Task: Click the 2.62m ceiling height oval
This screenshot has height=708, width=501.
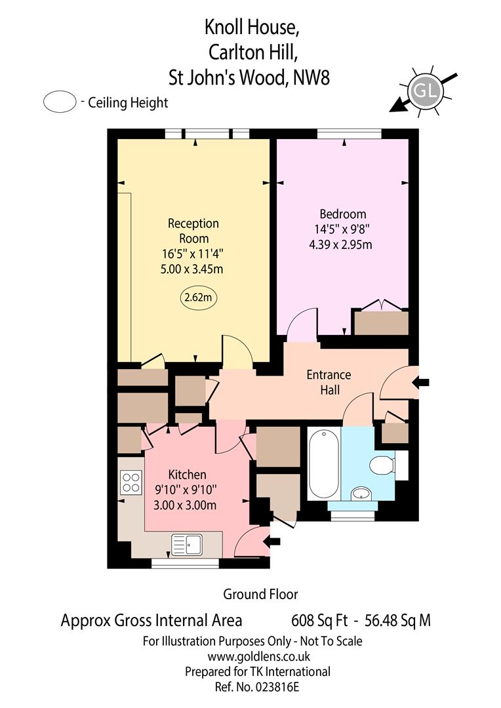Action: [198, 298]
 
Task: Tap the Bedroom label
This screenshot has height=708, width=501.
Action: [343, 214]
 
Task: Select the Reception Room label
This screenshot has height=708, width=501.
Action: [193, 231]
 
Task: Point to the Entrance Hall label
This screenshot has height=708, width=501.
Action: [329, 382]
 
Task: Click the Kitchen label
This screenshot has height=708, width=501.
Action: [187, 475]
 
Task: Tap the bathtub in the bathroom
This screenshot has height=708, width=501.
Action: [323, 464]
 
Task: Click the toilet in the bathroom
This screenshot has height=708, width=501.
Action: [382, 465]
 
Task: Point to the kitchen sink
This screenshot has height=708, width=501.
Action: [187, 545]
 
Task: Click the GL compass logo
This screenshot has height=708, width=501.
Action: [425, 92]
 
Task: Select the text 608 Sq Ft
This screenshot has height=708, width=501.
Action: [319, 620]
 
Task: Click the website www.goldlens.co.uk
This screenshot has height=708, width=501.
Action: [259, 656]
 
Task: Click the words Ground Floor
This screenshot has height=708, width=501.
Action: [261, 594]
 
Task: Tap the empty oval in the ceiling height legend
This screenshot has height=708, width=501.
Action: [60, 102]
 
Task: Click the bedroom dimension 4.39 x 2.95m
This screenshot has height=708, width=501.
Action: [340, 245]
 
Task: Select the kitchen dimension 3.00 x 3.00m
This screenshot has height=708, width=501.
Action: [185, 505]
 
